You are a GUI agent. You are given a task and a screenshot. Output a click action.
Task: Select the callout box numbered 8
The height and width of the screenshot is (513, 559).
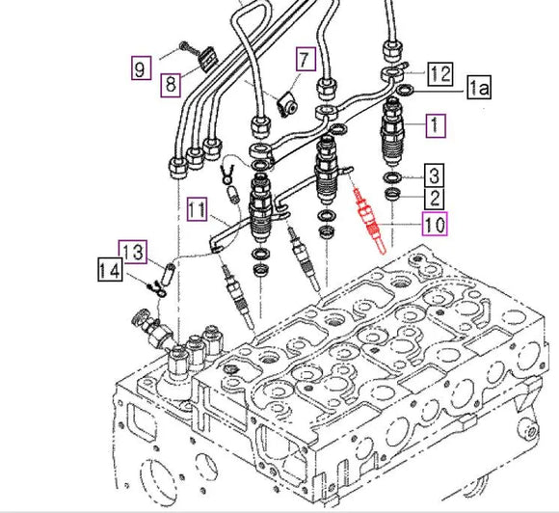[x=170, y=84]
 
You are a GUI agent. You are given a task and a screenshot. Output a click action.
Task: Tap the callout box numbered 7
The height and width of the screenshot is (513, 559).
[x=305, y=60]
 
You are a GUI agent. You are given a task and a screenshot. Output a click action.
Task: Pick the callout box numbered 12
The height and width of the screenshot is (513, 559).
[x=440, y=72]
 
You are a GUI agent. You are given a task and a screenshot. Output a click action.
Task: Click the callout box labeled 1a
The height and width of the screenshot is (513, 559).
[x=479, y=89]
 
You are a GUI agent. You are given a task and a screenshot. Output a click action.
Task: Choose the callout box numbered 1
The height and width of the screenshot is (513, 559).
[x=436, y=124]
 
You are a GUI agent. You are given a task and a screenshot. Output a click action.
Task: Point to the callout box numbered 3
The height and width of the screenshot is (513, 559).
[x=436, y=175]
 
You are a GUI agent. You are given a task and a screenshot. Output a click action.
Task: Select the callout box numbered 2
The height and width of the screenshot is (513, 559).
[x=436, y=199]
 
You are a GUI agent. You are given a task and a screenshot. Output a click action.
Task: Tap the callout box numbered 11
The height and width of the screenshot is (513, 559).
[x=198, y=207]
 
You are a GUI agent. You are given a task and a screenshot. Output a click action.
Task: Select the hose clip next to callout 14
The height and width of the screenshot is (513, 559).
[x=150, y=284]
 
